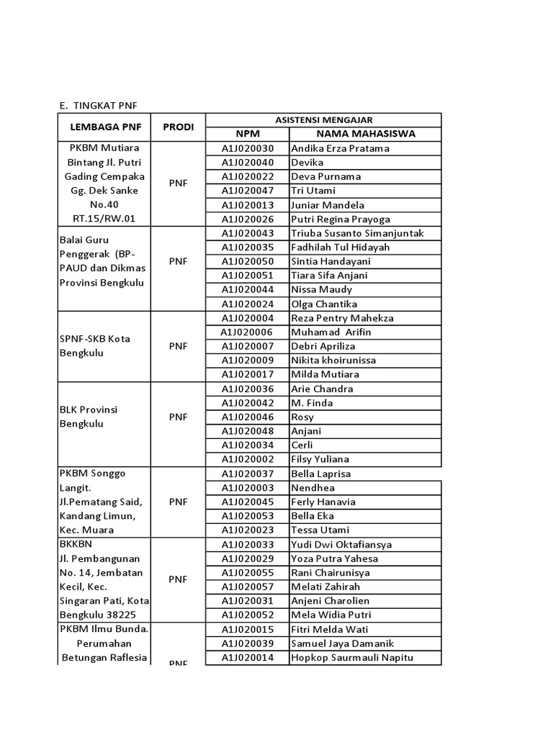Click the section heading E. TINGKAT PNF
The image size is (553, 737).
click(x=97, y=107)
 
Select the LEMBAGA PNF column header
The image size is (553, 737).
click(x=106, y=127)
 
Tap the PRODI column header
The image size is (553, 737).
click(x=178, y=127)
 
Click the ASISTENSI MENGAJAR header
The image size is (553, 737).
click(x=323, y=120)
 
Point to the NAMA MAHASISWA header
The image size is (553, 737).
click(x=365, y=134)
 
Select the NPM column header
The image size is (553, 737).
click(x=247, y=134)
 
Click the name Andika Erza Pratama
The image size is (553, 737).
click(x=340, y=148)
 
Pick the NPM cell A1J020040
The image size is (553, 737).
click(x=247, y=163)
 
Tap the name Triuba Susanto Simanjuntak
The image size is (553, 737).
click(x=357, y=233)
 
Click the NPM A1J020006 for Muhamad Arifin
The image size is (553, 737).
click(x=247, y=332)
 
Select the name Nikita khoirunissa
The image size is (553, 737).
click(x=333, y=360)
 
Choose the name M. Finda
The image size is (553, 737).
click(x=311, y=403)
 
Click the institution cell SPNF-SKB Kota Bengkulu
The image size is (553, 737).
click(x=94, y=346)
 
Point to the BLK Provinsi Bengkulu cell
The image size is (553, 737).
click(x=88, y=417)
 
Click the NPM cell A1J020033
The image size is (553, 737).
click(x=247, y=544)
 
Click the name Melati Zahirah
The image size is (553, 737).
click(x=324, y=587)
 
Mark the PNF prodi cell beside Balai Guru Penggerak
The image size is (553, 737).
click(x=178, y=261)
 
